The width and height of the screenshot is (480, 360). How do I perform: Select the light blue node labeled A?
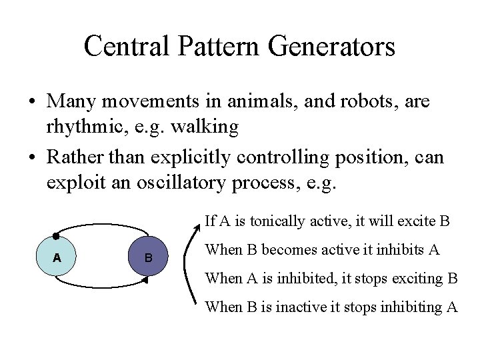click(57, 257)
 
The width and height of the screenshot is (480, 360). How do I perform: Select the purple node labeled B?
click(148, 257)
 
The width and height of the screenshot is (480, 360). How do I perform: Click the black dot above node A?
click(56, 236)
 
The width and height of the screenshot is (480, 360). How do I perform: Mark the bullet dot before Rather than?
click(32, 158)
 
